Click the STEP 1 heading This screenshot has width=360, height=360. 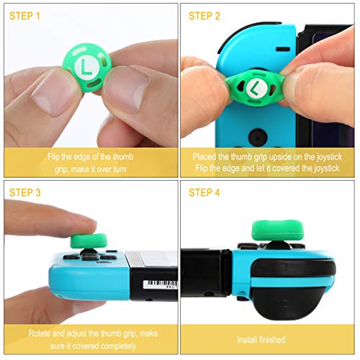[x=28, y=15]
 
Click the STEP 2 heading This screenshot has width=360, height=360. [x=207, y=15]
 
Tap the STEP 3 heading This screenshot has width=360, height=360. [x=28, y=192]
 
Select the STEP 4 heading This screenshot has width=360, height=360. [x=208, y=192]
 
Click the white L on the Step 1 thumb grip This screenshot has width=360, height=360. [x=89, y=68]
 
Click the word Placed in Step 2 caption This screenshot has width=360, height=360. [x=206, y=156]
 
